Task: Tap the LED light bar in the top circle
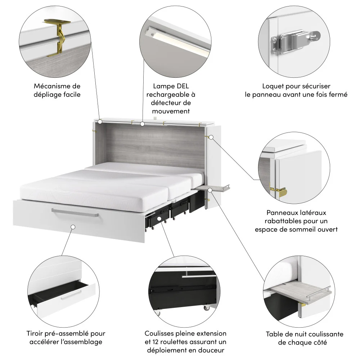click(176, 42)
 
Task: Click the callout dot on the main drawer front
click(73, 227)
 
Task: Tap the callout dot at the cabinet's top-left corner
click(100, 122)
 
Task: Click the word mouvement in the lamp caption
click(171, 111)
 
